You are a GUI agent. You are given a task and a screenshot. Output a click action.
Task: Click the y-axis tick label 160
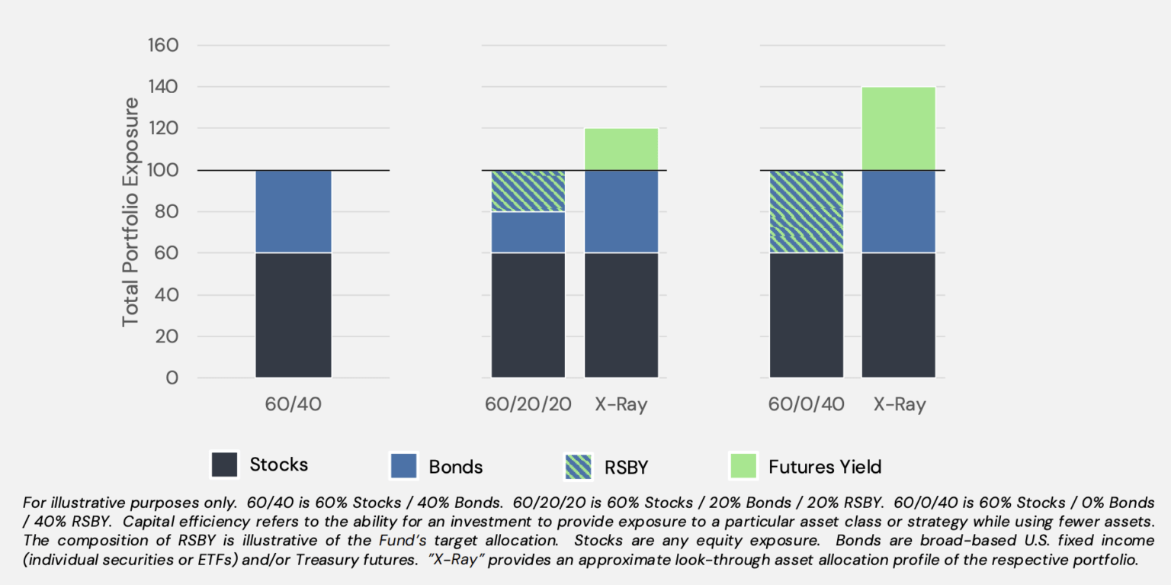coord(162,46)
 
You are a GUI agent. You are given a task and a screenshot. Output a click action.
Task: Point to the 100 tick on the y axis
coord(162,170)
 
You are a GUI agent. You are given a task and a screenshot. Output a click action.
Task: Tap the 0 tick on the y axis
coord(172,378)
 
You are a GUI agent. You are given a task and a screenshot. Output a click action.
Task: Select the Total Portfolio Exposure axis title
coord(131,212)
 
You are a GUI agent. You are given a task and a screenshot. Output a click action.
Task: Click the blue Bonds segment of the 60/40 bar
coord(294,211)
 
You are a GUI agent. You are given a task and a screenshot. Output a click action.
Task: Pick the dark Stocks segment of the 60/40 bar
coord(294,314)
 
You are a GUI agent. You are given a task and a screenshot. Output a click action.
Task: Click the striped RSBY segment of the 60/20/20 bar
coord(528,191)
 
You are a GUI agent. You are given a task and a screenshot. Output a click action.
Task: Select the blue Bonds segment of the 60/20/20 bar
coord(528,232)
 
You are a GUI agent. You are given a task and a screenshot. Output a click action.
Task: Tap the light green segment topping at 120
coord(621,149)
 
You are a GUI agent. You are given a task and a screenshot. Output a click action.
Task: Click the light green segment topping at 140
coord(898,129)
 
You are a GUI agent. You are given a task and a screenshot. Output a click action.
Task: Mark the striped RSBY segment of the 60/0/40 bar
coord(806,211)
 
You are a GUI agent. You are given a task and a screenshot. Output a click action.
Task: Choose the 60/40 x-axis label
coord(294,404)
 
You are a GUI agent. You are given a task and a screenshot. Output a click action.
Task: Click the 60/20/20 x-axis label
coord(528,404)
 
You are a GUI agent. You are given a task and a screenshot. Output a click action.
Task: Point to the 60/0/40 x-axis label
coord(806,404)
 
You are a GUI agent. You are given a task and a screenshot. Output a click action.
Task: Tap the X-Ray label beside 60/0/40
coord(900,404)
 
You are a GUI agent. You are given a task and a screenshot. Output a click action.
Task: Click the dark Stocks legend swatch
coord(225,465)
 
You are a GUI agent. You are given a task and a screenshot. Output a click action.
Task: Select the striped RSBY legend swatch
coord(579,466)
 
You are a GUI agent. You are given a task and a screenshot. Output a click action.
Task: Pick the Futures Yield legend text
coord(825,466)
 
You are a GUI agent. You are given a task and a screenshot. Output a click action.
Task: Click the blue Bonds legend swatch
coord(403,466)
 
